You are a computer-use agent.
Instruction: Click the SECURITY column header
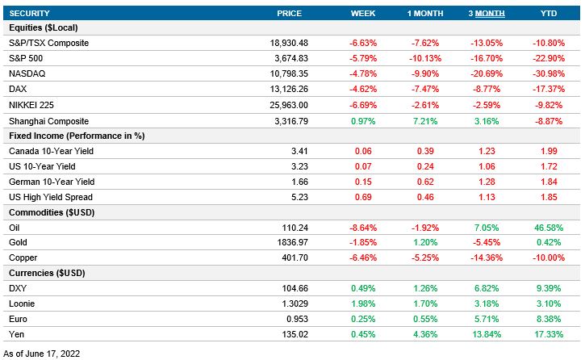[x=31, y=14]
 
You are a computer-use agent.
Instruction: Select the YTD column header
[x=548, y=14]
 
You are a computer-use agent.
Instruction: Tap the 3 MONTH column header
[x=487, y=14]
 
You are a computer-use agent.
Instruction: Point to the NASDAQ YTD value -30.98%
[x=548, y=73]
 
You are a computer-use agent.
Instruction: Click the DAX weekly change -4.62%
[x=363, y=89]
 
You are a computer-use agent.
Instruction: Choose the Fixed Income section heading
[x=76, y=136]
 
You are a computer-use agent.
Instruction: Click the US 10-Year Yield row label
[x=41, y=166]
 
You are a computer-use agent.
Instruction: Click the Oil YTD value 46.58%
[x=548, y=228]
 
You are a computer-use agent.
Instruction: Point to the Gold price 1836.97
[x=290, y=243]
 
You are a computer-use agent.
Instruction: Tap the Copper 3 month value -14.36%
[x=487, y=258]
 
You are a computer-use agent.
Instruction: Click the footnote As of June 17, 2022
[x=42, y=353]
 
